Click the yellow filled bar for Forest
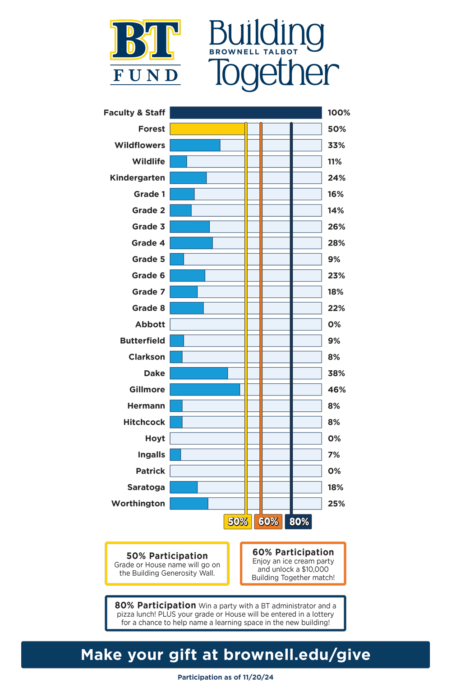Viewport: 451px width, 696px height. click(x=208, y=129)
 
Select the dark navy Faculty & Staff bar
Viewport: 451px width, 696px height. click(x=246, y=113)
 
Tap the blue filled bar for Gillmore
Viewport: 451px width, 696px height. click(x=205, y=389)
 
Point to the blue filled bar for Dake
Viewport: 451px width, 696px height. click(x=199, y=373)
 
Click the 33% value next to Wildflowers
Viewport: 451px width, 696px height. click(x=336, y=146)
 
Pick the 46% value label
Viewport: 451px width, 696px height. click(x=336, y=390)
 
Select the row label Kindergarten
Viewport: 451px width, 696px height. click(x=138, y=178)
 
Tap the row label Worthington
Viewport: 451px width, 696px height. click(x=138, y=504)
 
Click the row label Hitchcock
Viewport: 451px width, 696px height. click(x=144, y=422)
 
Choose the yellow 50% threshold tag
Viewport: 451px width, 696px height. click(x=238, y=521)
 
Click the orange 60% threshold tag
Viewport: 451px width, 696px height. click(x=268, y=521)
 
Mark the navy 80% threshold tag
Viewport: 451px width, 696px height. click(x=299, y=521)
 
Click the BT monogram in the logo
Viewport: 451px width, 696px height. click(x=145, y=40)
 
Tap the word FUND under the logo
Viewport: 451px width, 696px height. click(x=146, y=75)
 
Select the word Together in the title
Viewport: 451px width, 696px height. click(x=274, y=73)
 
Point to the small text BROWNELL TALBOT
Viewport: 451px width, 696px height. click(x=253, y=52)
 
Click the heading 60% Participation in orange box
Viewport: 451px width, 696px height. click(x=293, y=552)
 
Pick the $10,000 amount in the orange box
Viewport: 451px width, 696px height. click(x=315, y=569)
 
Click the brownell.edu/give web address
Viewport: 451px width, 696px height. click(x=297, y=655)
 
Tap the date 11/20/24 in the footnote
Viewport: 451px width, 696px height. click(x=258, y=678)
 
